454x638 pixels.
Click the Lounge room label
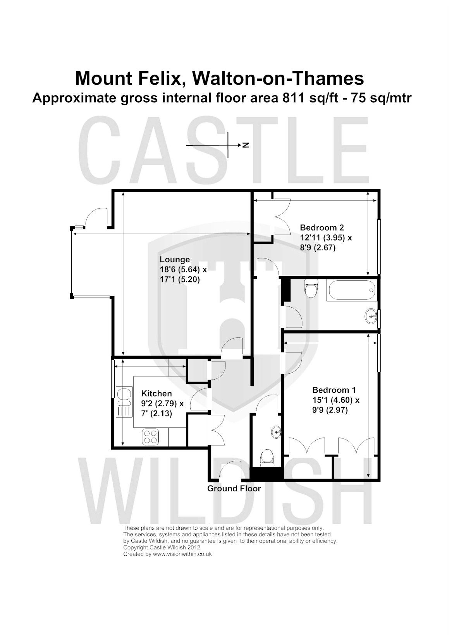tap(175, 259)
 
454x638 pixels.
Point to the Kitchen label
tap(156, 393)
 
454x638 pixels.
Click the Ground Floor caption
tap(234, 488)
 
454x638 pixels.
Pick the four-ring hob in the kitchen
tap(151, 437)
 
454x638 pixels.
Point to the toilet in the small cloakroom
tap(267, 457)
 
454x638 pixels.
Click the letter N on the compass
tap(246, 145)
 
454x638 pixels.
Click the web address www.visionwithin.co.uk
tap(182, 554)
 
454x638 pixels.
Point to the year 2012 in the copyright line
tap(193, 547)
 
